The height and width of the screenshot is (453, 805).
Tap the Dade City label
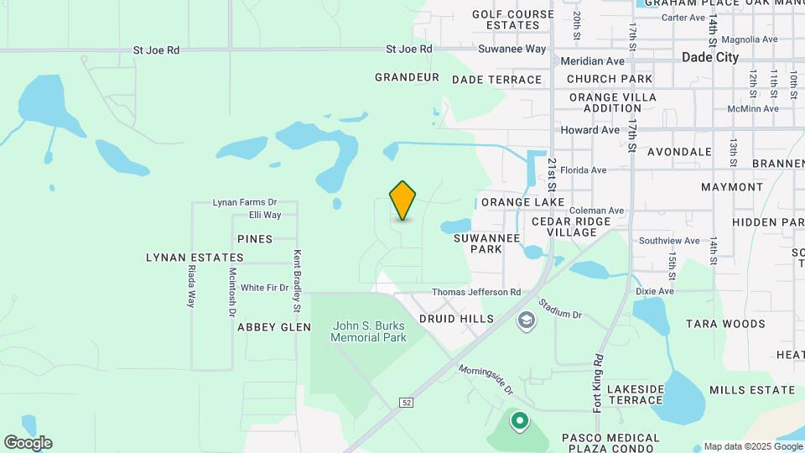point(710,58)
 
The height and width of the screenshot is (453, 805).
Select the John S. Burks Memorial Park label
point(368,331)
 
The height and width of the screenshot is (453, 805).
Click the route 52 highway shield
point(407,403)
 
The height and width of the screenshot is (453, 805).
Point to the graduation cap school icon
point(526,320)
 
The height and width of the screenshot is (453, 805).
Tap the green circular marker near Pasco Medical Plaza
point(519,420)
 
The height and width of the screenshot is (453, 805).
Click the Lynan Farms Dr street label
point(244,202)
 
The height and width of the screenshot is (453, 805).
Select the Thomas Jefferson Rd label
point(475,292)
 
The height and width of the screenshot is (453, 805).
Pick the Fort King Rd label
point(598,383)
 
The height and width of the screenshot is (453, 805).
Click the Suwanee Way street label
point(512,49)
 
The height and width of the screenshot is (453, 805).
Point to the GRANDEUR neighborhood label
point(408,77)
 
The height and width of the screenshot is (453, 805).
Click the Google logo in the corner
point(28,442)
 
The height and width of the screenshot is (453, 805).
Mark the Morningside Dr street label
point(486,380)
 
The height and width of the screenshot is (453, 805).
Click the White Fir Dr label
point(264,288)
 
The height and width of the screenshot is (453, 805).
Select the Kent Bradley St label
point(296,276)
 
